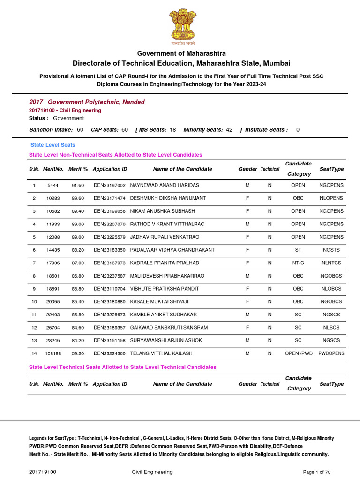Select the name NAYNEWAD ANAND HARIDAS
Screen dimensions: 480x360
click(x=165, y=186)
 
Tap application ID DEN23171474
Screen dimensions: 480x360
click(x=110, y=198)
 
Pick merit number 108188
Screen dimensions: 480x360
click(x=53, y=353)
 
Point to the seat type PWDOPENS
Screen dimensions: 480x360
click(x=331, y=353)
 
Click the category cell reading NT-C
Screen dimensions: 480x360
click(x=298, y=263)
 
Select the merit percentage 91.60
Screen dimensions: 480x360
click(x=78, y=186)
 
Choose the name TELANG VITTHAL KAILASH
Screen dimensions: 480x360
click(x=161, y=353)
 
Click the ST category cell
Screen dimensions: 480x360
click(x=298, y=250)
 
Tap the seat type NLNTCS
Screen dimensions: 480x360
click(x=331, y=263)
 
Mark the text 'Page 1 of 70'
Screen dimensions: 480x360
click(x=317, y=472)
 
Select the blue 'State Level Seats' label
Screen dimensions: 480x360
click(x=52, y=145)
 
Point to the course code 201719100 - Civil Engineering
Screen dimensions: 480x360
click(x=65, y=110)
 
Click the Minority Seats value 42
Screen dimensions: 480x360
click(x=229, y=129)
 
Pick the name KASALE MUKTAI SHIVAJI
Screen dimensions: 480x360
click(x=159, y=302)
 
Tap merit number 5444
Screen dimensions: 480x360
click(x=53, y=186)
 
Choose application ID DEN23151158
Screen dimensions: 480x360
click(x=110, y=340)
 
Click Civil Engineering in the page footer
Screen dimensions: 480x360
click(x=152, y=472)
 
